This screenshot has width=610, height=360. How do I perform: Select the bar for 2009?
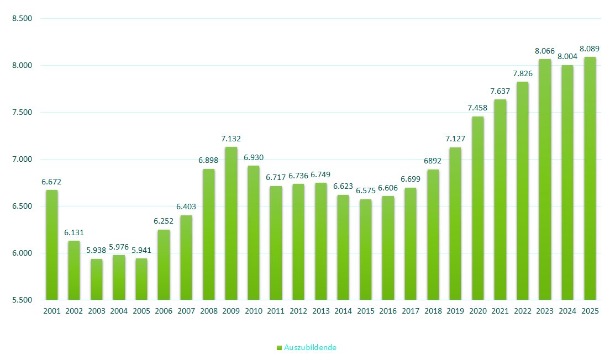(x=232, y=223)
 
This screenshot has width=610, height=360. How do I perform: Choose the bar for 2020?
(x=478, y=208)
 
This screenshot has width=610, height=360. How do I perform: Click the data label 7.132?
(x=232, y=139)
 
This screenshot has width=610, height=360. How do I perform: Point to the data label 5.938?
(x=97, y=251)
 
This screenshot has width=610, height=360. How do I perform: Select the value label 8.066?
(x=545, y=51)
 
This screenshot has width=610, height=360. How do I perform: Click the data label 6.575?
(x=365, y=191)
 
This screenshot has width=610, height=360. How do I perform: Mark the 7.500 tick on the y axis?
(x=22, y=113)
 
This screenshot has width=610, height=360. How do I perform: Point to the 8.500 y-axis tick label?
(x=22, y=19)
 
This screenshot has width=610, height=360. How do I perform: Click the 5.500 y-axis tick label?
(x=22, y=300)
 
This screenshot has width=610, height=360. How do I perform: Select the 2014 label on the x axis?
(x=343, y=311)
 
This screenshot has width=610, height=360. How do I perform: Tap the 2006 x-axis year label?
(x=164, y=311)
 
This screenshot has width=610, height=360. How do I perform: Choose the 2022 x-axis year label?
(x=523, y=311)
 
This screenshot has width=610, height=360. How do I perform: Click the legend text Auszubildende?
(x=310, y=347)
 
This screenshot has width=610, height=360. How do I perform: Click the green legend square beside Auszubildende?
(x=279, y=347)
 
